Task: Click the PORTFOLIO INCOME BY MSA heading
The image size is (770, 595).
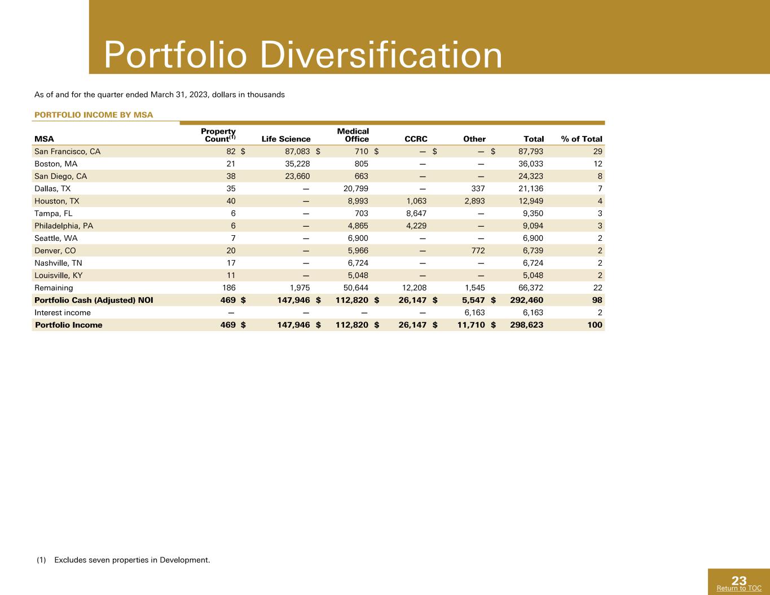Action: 94,114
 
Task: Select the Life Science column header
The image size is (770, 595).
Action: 286,139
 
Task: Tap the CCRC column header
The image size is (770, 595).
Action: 416,139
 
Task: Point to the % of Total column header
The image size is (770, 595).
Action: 582,139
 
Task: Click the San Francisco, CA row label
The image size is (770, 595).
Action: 67,152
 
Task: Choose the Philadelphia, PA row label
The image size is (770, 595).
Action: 64,226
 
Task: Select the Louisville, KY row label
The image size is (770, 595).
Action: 59,276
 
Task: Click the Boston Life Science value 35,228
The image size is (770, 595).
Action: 297,164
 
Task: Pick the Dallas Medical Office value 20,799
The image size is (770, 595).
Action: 356,189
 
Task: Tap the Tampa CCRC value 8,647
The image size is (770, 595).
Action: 416,214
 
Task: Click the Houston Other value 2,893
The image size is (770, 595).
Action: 474,201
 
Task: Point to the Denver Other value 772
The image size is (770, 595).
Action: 478,251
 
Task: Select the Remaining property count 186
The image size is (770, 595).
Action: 229,288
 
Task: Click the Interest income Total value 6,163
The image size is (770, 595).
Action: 533,313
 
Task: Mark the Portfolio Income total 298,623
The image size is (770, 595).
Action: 526,325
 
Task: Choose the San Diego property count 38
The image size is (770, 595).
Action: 231,177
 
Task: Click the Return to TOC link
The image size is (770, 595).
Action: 739,588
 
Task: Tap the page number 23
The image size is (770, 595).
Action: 739,581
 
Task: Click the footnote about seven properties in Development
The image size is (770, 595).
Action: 124,560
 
